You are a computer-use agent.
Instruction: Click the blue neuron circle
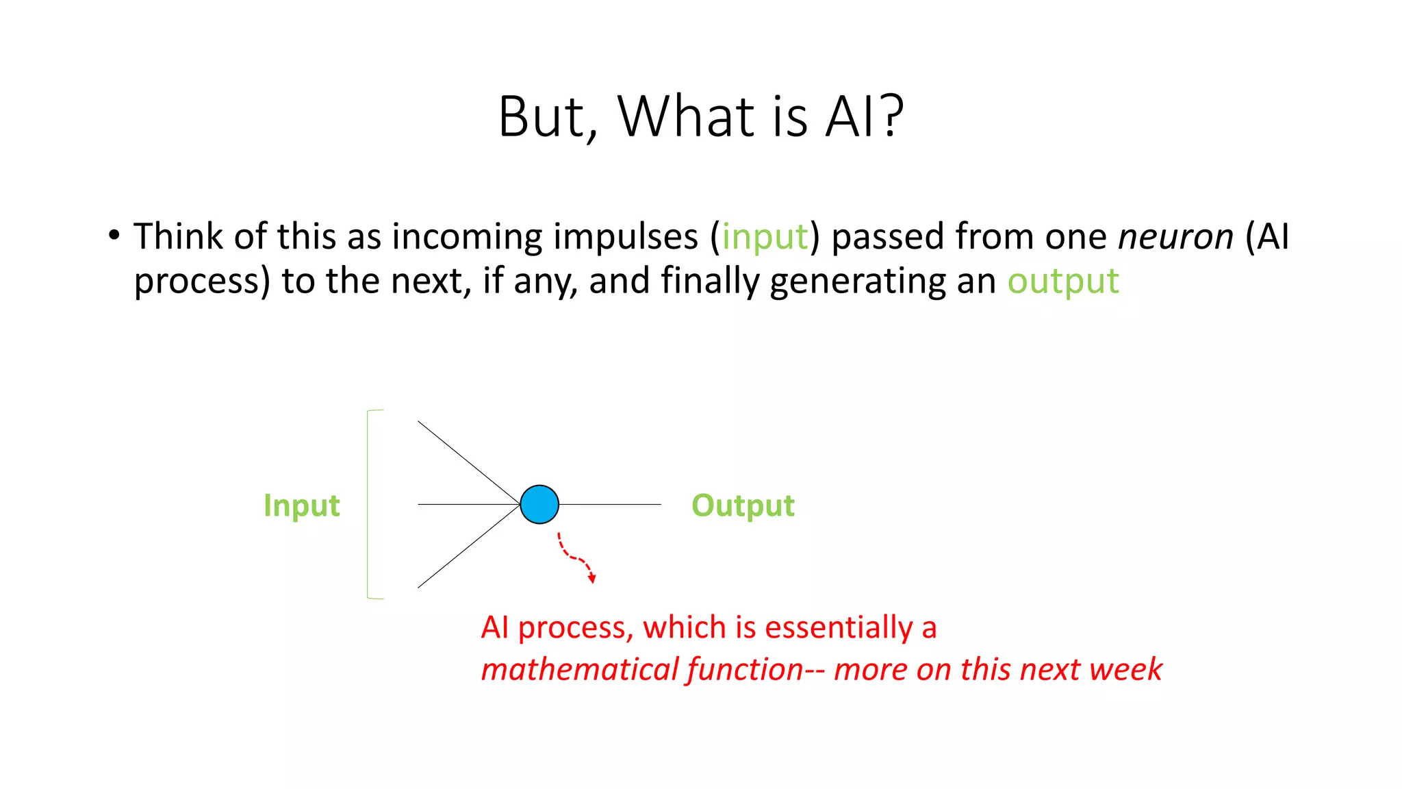pyautogui.click(x=539, y=505)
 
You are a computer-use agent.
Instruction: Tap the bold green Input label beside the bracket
pyautogui.click(x=301, y=506)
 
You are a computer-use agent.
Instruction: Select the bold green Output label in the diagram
pyautogui.click(x=743, y=506)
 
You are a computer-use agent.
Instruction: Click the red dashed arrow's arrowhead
pyautogui.click(x=592, y=579)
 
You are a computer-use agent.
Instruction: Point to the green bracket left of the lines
pyautogui.click(x=368, y=505)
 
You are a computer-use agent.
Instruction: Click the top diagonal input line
pyautogui.click(x=469, y=463)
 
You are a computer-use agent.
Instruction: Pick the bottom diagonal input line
pyautogui.click(x=469, y=547)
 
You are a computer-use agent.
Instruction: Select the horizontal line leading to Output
pyautogui.click(x=609, y=505)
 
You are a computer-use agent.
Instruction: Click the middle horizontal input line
pyautogui.click(x=469, y=505)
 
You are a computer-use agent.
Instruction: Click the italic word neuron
pyautogui.click(x=1175, y=237)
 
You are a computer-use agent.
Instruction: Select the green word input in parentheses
pyautogui.click(x=765, y=237)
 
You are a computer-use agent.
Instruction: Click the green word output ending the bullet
pyautogui.click(x=1062, y=281)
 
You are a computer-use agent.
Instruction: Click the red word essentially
pyautogui.click(x=838, y=627)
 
